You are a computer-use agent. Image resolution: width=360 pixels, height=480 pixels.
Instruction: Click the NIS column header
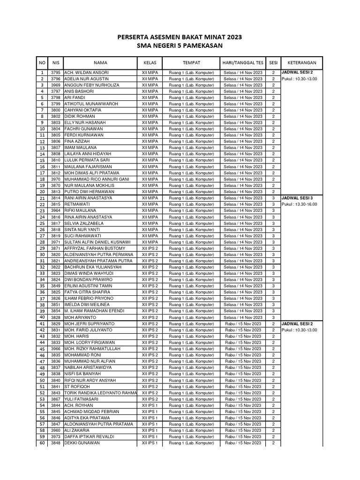click(56, 62)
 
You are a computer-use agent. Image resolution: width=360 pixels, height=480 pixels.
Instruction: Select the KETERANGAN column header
click(302, 62)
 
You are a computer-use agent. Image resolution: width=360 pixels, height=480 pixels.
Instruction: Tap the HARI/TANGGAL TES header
click(242, 62)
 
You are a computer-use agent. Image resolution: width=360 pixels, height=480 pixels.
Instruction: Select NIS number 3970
click(56, 179)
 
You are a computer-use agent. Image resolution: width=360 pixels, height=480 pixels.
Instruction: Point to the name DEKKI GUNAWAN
click(82, 443)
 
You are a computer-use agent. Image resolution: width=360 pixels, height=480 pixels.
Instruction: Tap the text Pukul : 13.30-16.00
click(300, 204)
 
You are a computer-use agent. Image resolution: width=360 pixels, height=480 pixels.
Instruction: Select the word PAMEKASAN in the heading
click(197, 45)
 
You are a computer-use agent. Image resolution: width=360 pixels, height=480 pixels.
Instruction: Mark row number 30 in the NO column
click(42, 255)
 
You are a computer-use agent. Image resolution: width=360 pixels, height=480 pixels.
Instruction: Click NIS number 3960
click(56, 430)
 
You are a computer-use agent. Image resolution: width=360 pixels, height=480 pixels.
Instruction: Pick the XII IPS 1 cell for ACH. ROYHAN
click(150, 405)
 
